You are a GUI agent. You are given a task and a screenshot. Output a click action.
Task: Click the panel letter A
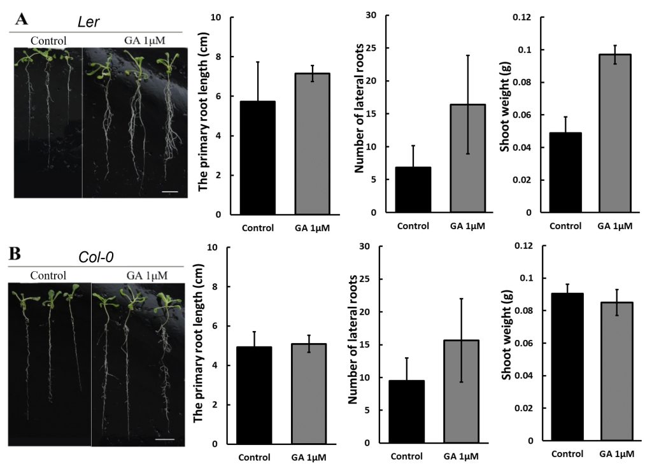22,18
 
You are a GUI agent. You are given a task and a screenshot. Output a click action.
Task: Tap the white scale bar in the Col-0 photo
164,438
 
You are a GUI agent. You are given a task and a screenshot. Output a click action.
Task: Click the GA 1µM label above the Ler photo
145,41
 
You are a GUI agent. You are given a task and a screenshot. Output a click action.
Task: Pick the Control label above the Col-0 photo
48,276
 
